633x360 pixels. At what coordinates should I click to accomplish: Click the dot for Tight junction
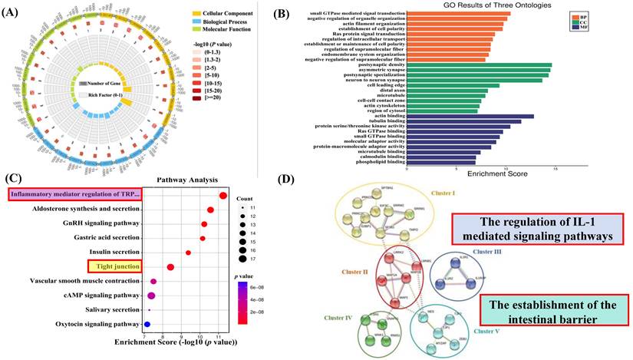[171, 266]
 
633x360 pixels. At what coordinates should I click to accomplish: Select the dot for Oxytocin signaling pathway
[147, 325]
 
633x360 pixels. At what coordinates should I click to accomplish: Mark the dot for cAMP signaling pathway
[152, 296]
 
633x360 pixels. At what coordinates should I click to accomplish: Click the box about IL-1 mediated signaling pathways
[538, 228]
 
